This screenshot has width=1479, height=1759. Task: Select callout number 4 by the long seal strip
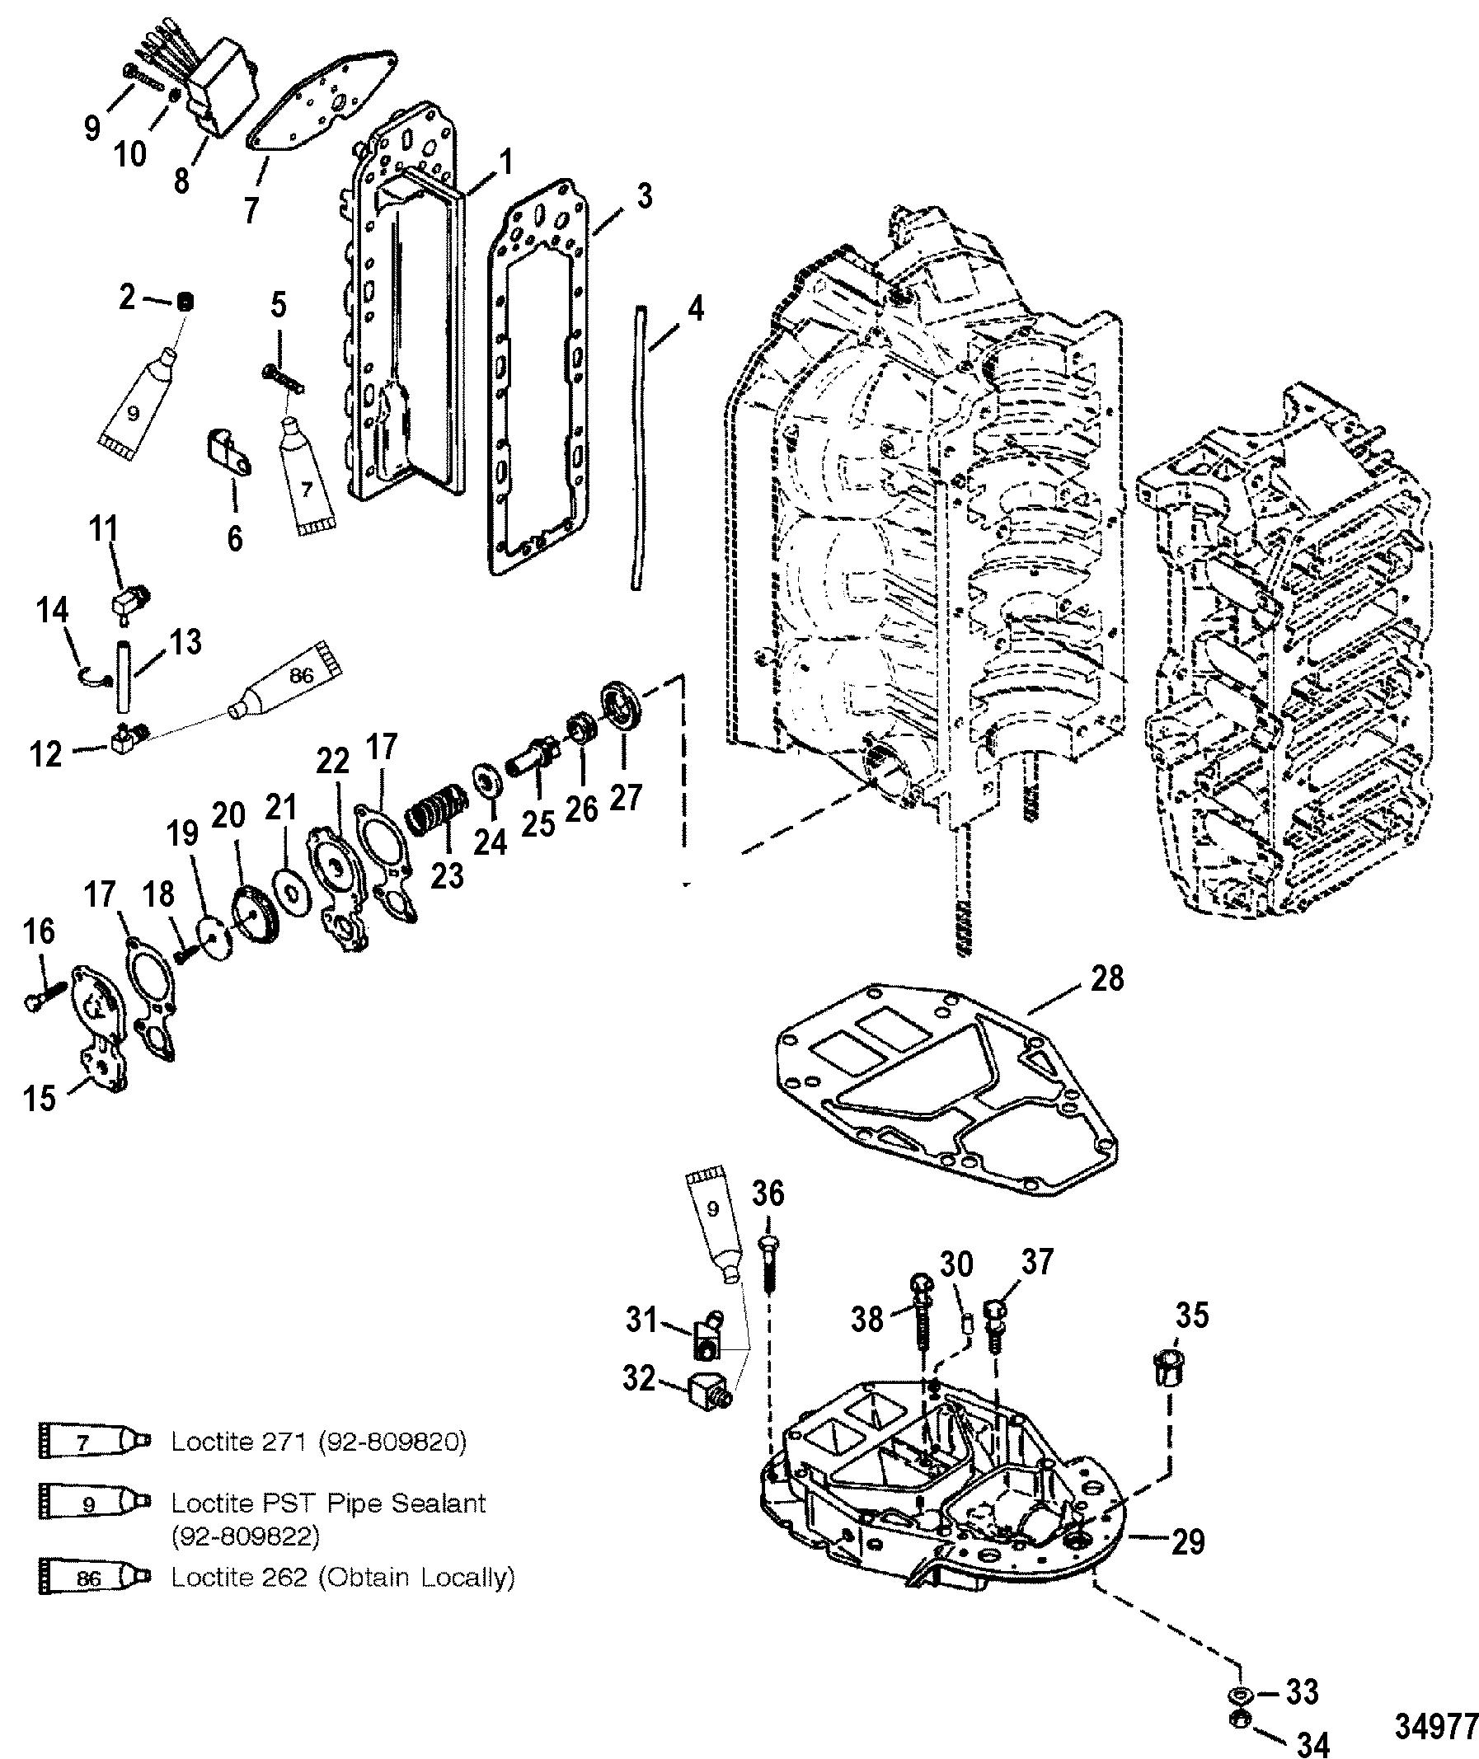695,310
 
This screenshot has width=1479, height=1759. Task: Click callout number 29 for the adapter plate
1188,1541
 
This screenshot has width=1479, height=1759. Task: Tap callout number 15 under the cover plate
39,1096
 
